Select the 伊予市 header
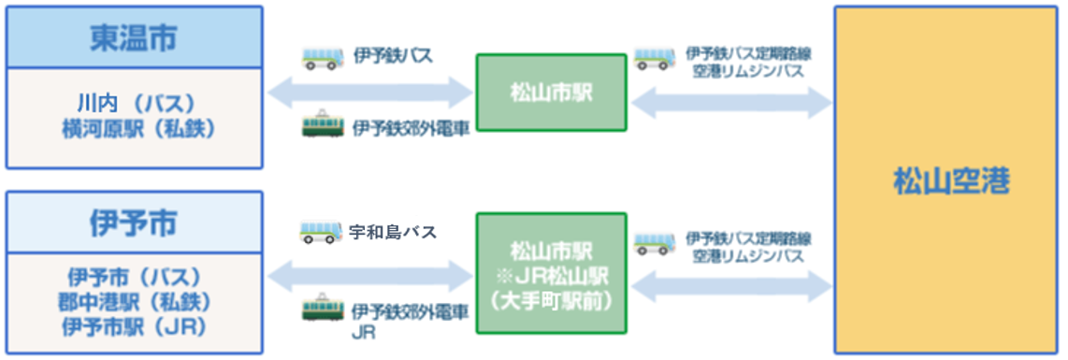pos(135,223)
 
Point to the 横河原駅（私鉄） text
pos(135,128)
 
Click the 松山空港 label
pos(950,180)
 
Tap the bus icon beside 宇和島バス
pos(320,231)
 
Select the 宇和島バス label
pos(392,231)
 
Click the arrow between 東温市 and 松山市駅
pos(370,92)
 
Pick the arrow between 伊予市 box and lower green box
pos(370,274)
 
